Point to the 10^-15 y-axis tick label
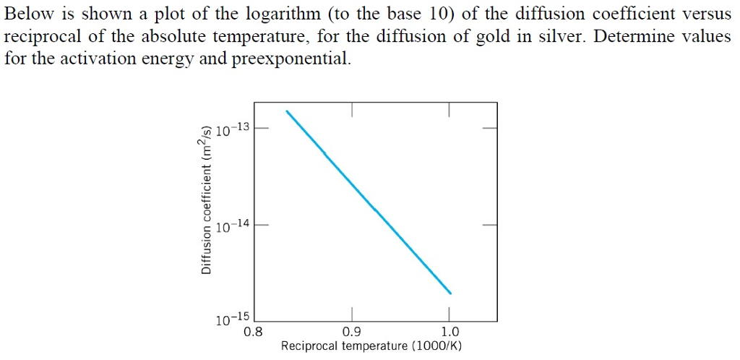pyautogui.click(x=232, y=319)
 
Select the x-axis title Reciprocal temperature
pyautogui.click(x=344, y=346)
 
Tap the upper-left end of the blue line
pyautogui.click(x=287, y=111)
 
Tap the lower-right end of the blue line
pyautogui.click(x=450, y=293)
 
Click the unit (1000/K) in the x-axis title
pyautogui.click(x=436, y=346)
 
